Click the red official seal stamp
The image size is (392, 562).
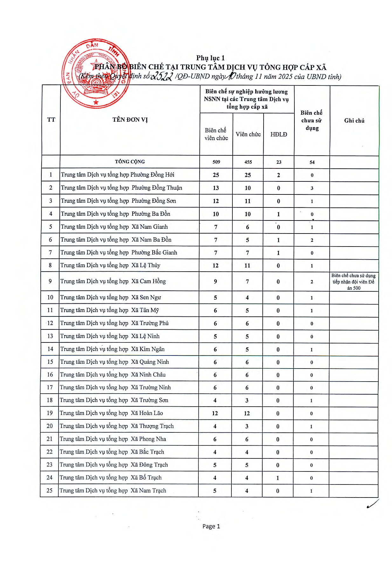pos(96,73)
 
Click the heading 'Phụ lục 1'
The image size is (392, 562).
pos(210,58)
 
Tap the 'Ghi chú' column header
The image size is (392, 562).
pos(354,120)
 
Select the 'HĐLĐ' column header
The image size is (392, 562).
pos(279,134)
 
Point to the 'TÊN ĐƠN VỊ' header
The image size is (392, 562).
pos(130,120)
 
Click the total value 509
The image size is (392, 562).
pos(216,162)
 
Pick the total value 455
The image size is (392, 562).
pos(248,162)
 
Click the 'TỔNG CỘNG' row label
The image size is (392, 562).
pos(130,162)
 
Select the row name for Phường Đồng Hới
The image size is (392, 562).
pos(117,175)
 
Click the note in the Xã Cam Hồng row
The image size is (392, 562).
pos(354,282)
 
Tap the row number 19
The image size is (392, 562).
pos(50,413)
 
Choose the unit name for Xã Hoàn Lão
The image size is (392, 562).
pos(111,413)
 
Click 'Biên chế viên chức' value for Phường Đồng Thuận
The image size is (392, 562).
pos(216,188)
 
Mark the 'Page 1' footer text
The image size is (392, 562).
pos(211,526)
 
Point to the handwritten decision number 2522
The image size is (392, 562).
pos(162,76)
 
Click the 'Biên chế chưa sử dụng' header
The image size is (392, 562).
pos(312,120)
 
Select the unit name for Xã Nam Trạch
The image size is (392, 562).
pos(113,491)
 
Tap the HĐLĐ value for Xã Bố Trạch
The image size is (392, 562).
pos(278,478)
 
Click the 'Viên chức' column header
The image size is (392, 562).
pos(248,134)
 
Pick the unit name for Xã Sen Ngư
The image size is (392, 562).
pos(110,297)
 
